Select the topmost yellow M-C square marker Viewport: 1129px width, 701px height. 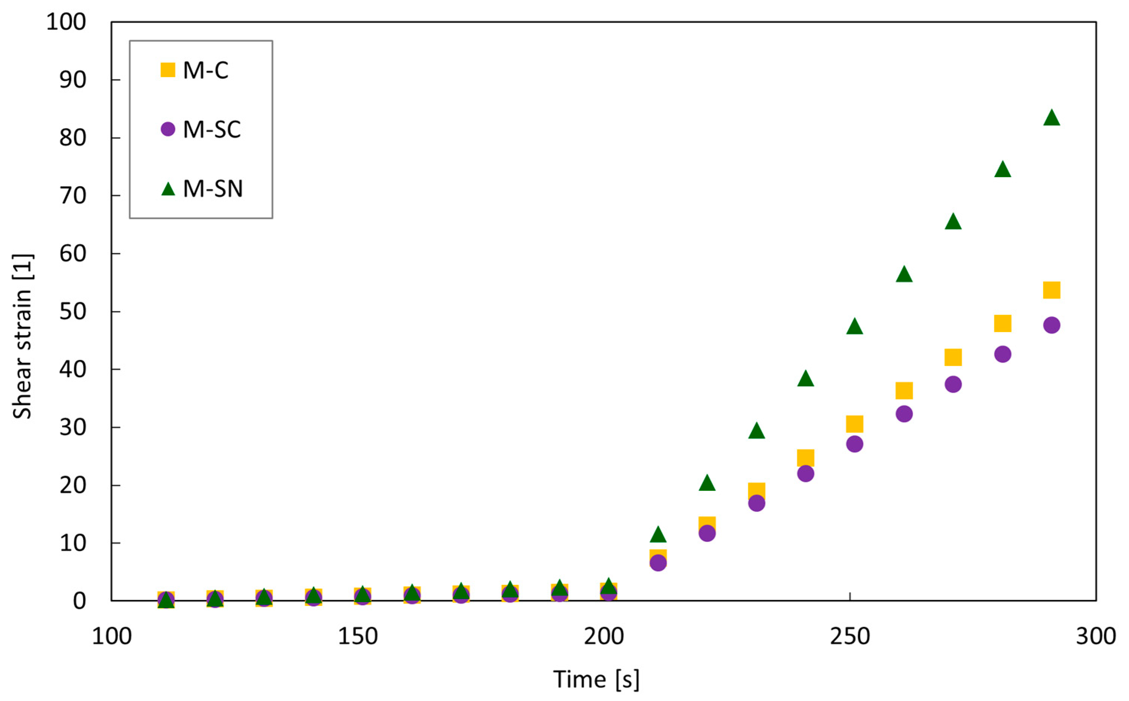point(1051,290)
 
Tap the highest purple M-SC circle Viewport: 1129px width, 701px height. point(1051,325)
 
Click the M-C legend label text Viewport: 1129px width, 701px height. point(205,70)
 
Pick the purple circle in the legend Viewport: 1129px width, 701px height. point(168,129)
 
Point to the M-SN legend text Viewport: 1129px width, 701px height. point(213,189)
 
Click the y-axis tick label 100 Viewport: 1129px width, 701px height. point(66,22)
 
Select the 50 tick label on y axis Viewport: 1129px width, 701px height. point(73,311)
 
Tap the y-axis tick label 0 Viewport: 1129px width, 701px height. point(79,601)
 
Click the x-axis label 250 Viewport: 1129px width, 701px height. point(850,637)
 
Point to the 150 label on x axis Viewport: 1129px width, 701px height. point(357,637)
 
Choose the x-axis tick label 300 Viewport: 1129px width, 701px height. point(1096,637)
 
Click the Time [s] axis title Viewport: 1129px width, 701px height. point(596,680)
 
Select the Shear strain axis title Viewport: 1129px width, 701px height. point(22,336)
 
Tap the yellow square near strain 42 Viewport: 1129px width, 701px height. point(953,357)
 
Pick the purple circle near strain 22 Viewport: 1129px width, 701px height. point(806,473)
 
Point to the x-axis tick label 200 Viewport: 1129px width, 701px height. point(604,637)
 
